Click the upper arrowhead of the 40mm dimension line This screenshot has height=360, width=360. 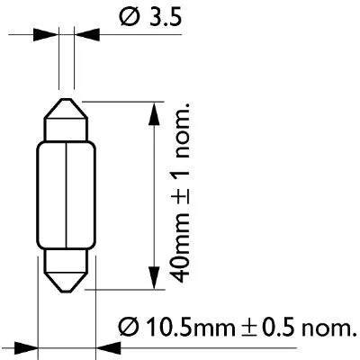tap(150, 108)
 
